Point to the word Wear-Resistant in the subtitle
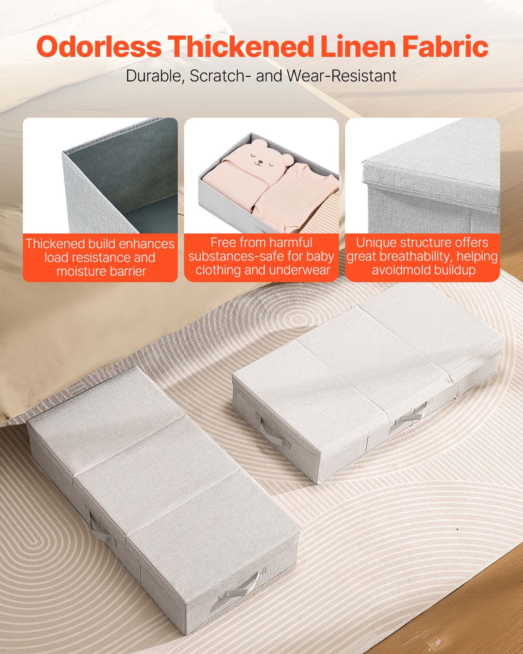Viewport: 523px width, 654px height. tap(342, 76)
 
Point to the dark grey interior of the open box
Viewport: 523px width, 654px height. tap(131, 183)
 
